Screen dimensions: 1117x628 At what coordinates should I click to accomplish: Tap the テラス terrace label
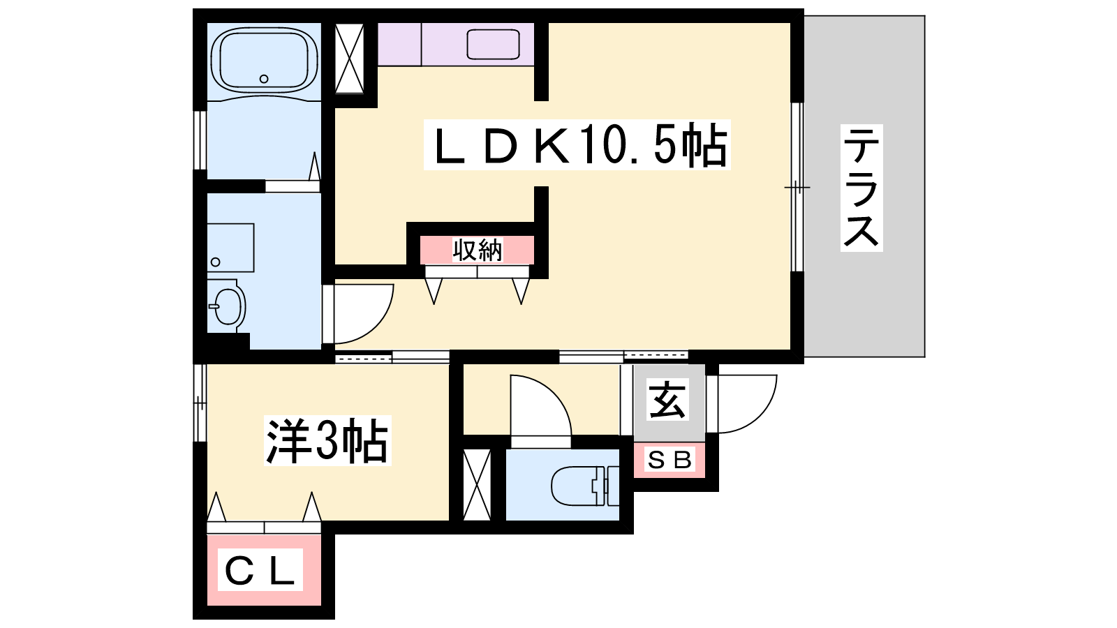(861, 188)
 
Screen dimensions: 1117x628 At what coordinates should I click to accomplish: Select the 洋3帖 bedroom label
(327, 440)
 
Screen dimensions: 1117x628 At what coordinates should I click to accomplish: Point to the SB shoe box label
(670, 460)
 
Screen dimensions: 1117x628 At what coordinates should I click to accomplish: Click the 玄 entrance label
(667, 400)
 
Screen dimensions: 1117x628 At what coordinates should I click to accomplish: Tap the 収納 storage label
(478, 250)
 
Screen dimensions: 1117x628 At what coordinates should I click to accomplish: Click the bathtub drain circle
(264, 79)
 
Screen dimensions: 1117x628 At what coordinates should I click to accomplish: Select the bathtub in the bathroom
(265, 60)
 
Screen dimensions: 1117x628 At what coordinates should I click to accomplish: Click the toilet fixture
(585, 485)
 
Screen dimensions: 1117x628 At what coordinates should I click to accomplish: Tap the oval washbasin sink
(228, 306)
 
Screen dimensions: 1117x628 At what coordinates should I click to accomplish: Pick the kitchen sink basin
(493, 45)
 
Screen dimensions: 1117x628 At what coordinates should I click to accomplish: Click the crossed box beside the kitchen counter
(349, 59)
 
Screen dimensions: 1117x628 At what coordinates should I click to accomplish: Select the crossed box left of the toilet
(477, 484)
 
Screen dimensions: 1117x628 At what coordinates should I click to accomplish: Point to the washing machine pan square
(230, 248)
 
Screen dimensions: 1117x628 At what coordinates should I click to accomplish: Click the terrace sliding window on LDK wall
(797, 188)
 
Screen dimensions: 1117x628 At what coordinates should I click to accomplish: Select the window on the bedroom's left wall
(200, 403)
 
